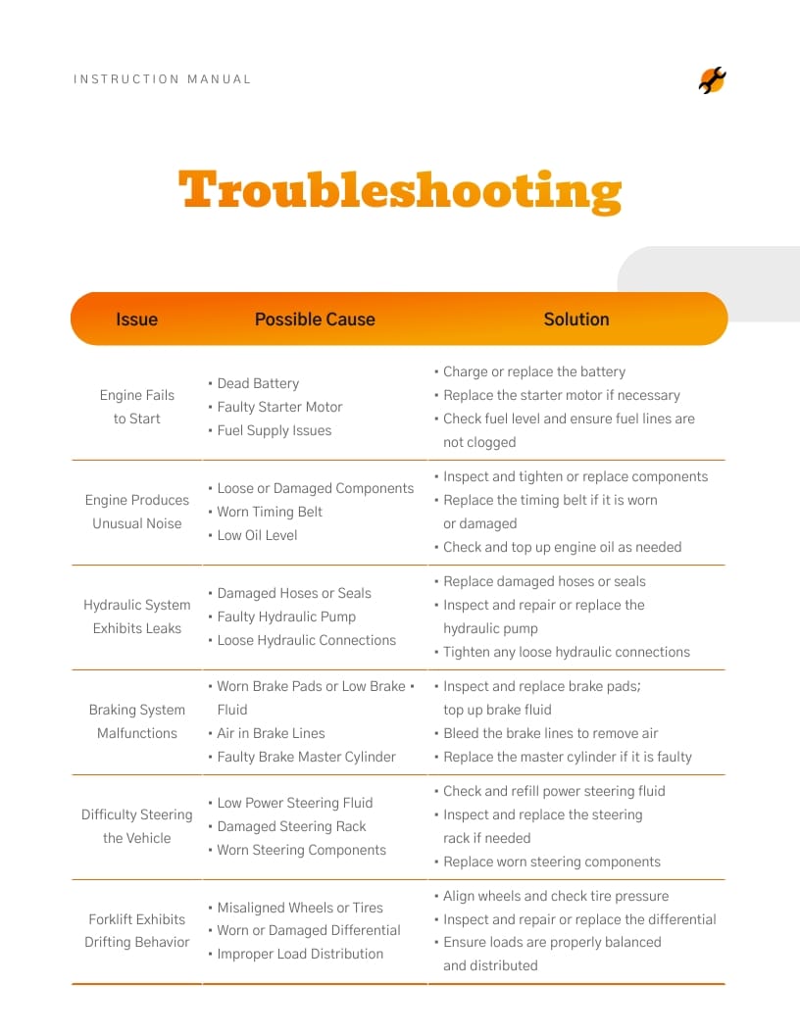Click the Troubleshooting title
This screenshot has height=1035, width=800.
400,191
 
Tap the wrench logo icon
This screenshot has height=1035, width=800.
713,80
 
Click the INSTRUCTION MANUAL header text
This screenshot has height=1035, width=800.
162,79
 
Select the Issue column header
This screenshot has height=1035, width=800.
136,320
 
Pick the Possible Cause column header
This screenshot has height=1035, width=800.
315,320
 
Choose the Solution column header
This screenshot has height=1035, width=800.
576,320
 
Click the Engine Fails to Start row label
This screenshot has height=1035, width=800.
136,407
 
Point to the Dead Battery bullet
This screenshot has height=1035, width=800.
258,383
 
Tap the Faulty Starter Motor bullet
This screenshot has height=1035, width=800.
279,407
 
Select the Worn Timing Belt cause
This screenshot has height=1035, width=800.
270,512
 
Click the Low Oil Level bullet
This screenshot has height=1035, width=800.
257,535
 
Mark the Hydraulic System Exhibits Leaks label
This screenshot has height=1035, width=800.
136,616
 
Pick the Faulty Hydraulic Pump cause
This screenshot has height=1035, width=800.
286,616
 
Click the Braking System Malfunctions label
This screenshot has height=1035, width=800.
136,721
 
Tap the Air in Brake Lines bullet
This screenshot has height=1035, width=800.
271,733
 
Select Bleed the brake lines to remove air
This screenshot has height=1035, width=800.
550,733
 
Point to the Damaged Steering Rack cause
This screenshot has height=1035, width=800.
291,826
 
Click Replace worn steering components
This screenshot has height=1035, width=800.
551,862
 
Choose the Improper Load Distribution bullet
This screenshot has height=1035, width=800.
300,954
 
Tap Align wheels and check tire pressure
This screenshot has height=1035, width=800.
555,896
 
